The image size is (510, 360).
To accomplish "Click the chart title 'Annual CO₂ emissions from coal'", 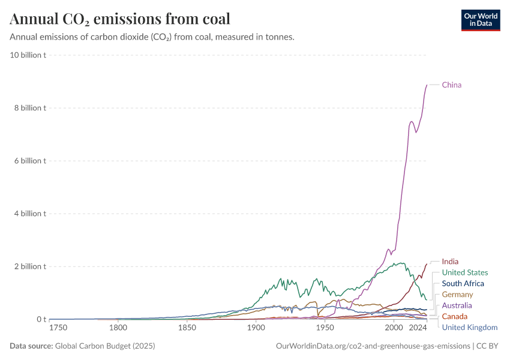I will pos(120,19).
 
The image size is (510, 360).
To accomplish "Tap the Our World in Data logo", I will pos(480,20).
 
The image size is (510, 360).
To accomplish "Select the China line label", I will pos(452,85).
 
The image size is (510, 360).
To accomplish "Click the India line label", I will pos(450,262).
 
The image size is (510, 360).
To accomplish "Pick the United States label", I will pos(464,272).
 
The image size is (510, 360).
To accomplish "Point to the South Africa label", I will pos(463,283).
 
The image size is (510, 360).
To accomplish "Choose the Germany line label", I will pos(457,295).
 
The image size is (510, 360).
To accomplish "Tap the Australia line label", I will pos(457,305).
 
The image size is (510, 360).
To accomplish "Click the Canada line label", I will pos(454,316).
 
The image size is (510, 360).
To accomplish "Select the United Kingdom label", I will pos(469,327).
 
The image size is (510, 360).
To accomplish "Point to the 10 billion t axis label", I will pos(29,55).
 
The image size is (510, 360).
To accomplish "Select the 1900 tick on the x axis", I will pos(256,328).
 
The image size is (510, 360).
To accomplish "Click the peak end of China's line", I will pos(427,85).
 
